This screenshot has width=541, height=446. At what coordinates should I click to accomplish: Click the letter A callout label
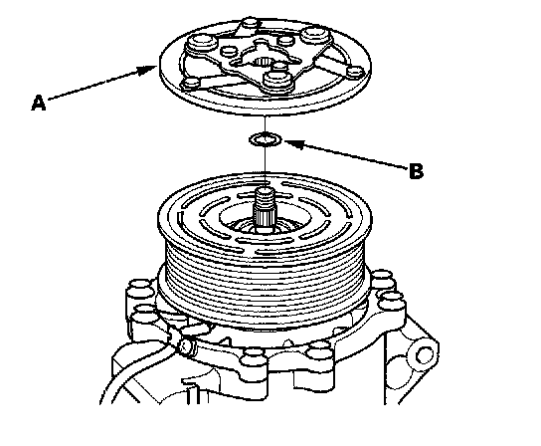[x=39, y=103]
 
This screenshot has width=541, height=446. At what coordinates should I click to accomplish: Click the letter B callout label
[x=416, y=170]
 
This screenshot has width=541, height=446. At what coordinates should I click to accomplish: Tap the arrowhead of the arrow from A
[x=147, y=71]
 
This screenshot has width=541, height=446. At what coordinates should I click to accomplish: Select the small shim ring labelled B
[x=266, y=140]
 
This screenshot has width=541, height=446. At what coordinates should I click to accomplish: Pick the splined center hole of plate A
[x=264, y=62]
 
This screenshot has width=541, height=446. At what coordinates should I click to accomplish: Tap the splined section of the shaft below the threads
[x=265, y=216]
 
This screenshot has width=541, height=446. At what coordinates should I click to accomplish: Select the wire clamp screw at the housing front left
[x=185, y=346]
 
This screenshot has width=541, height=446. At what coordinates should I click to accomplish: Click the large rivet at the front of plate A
[x=277, y=81]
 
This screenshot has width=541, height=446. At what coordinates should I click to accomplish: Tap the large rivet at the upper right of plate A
[x=315, y=36]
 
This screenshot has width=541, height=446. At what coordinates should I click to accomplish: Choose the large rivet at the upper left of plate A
[x=201, y=45]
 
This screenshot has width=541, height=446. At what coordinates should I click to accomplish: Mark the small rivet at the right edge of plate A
[x=355, y=73]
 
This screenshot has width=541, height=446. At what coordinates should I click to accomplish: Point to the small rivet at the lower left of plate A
[x=192, y=85]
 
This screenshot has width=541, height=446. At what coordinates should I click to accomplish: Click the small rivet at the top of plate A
[x=250, y=24]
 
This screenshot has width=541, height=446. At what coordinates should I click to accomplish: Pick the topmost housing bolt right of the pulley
[x=381, y=277]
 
